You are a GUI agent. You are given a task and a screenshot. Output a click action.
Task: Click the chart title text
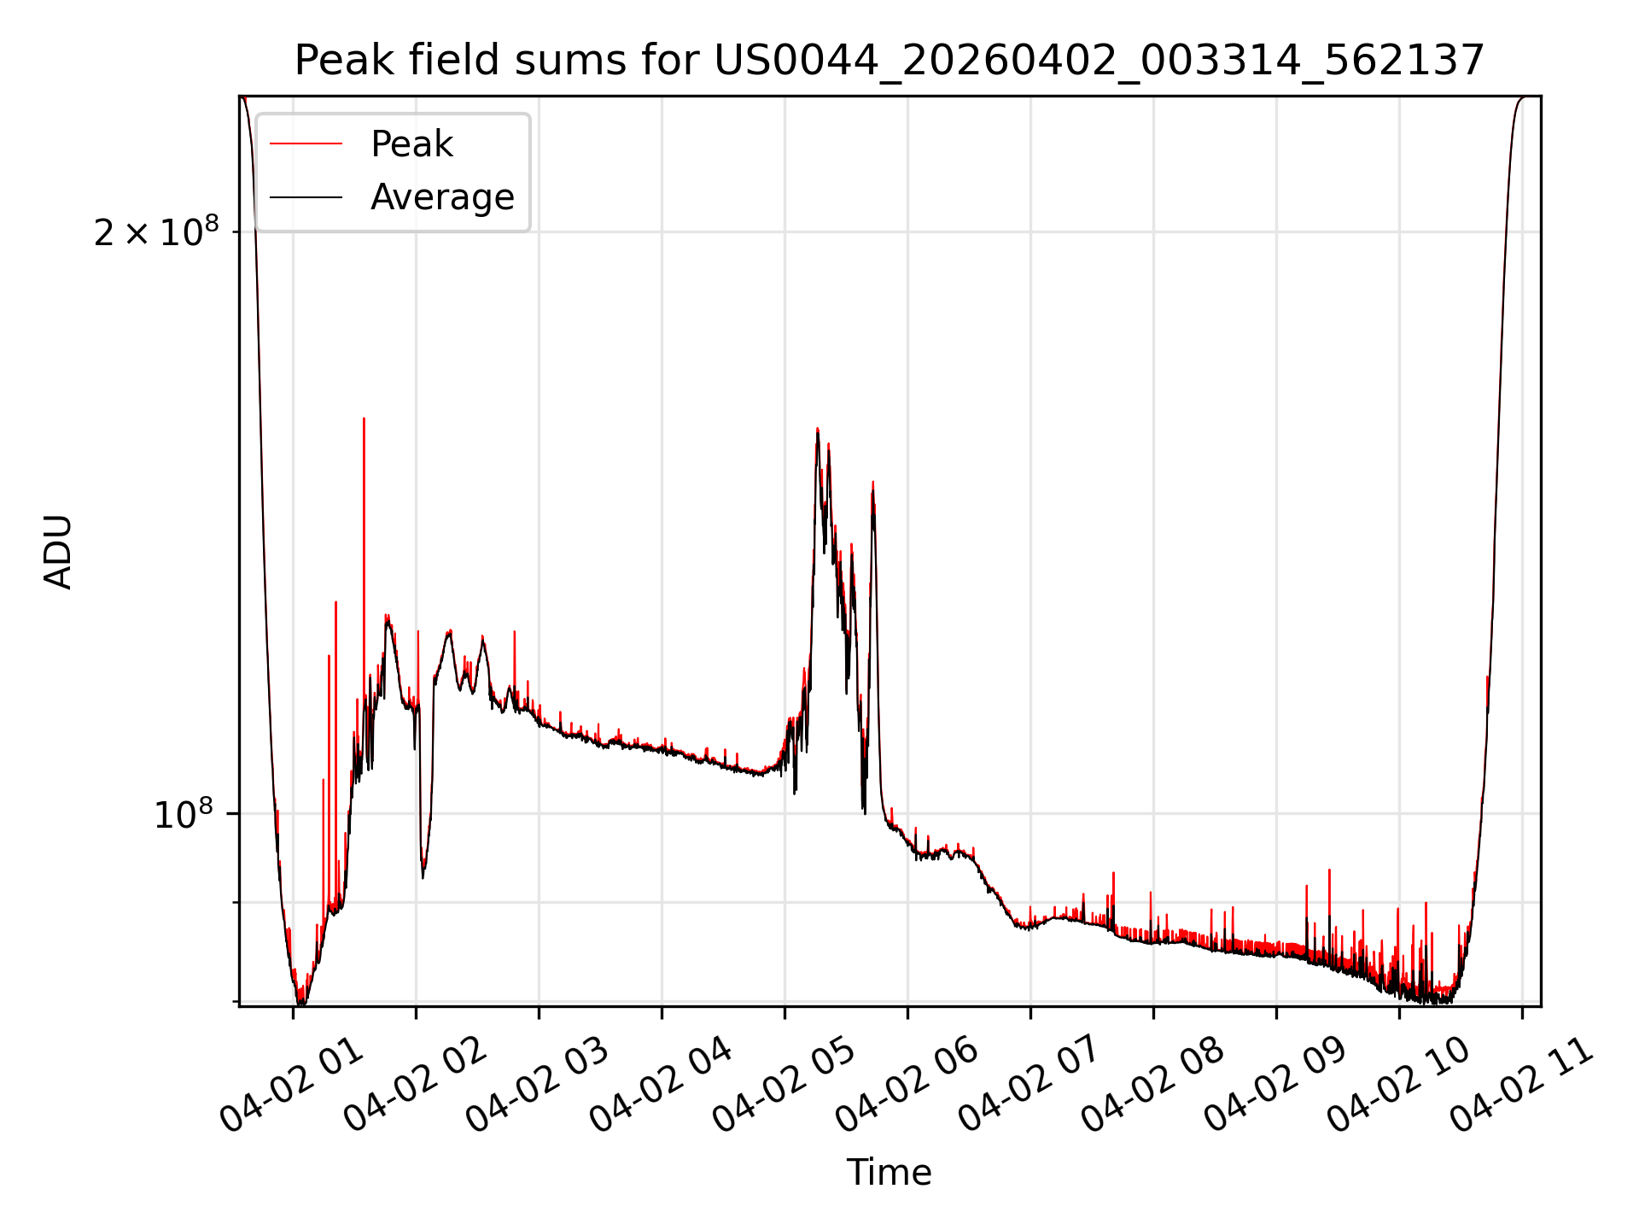tap(889, 61)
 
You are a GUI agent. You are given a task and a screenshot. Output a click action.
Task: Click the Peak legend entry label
tap(411, 144)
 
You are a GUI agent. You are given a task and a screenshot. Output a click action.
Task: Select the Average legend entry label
tap(442, 197)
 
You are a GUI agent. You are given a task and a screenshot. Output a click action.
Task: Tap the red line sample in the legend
tap(306, 144)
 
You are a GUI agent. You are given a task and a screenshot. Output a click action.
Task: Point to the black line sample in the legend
tap(306, 197)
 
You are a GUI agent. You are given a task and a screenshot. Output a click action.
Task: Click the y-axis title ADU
tap(58, 551)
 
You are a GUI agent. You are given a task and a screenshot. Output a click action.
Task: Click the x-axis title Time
tap(889, 1172)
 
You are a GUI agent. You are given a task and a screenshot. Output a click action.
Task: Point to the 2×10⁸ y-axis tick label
tap(156, 231)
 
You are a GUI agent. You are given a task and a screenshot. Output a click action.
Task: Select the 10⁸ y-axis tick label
tap(183, 814)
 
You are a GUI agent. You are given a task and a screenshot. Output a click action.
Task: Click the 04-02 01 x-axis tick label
tap(290, 1083)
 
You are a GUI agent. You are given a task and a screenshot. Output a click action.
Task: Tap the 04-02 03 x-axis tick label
tap(536, 1083)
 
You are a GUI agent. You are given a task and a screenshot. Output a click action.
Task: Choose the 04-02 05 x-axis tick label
tap(782, 1083)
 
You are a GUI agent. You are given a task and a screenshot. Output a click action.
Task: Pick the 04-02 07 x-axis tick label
tap(1028, 1083)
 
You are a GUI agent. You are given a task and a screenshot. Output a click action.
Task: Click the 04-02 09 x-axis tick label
tap(1274, 1083)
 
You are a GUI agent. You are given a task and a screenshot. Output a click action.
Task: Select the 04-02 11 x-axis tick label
tap(1519, 1083)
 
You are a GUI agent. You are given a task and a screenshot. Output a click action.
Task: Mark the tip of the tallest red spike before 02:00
tap(364, 419)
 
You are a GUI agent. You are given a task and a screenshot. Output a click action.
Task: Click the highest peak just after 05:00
tap(817, 429)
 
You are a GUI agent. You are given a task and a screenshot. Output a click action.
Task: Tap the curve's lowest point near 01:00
tap(300, 1004)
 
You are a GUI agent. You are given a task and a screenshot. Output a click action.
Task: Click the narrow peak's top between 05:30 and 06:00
tap(872, 483)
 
